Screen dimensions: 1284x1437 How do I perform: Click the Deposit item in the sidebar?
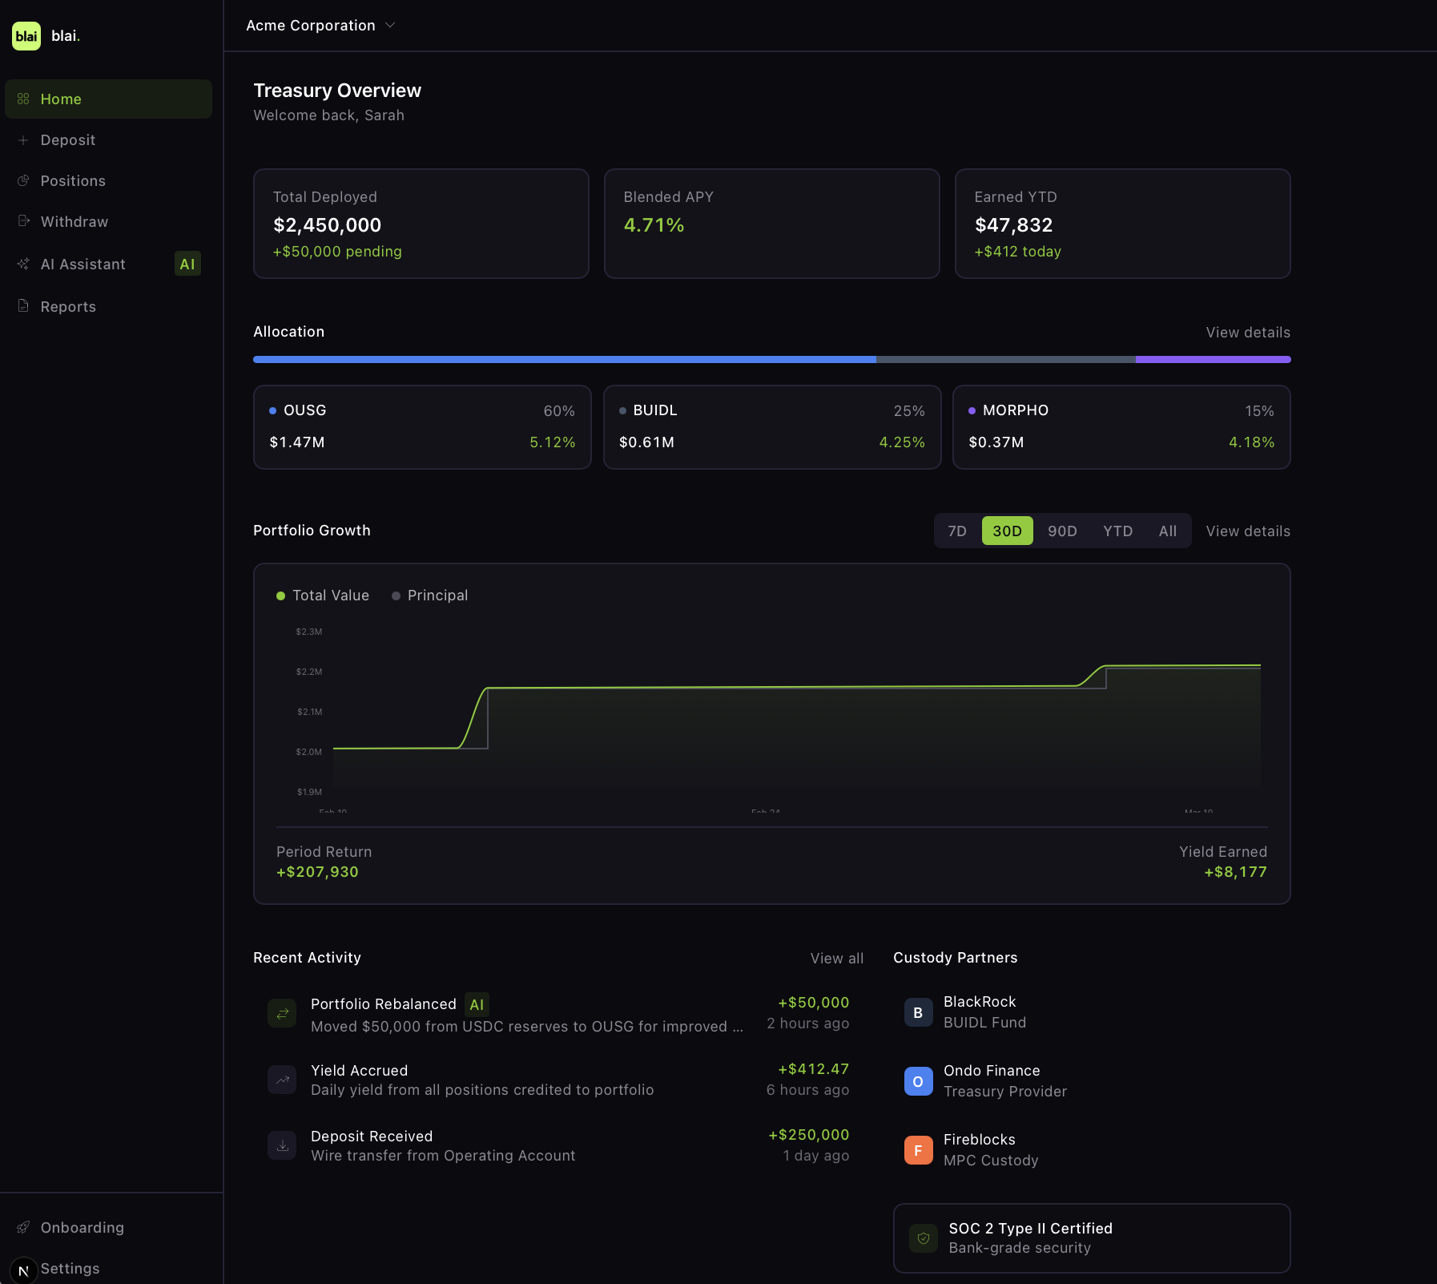tap(67, 140)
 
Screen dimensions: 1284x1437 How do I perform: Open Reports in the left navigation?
tap(68, 307)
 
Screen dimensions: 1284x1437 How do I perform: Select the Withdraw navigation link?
tap(74, 222)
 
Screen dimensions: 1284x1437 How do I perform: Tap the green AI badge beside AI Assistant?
tap(187, 264)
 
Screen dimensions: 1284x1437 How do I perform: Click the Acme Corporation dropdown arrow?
tap(391, 25)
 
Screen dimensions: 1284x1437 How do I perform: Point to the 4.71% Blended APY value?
tap(654, 225)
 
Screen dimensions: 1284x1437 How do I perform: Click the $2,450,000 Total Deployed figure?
tap(327, 225)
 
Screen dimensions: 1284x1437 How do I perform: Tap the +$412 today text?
tap(1017, 252)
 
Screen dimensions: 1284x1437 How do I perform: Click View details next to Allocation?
tap(1248, 333)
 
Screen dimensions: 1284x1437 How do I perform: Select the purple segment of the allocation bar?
tap(1213, 360)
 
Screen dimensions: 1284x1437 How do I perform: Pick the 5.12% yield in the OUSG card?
tap(552, 442)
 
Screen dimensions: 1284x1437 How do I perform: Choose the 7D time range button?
tap(957, 531)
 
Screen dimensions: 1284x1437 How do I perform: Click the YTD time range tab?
tap(1117, 531)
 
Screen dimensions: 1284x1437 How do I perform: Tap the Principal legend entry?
tap(437, 596)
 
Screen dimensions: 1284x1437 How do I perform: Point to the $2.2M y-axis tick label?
tap(309, 672)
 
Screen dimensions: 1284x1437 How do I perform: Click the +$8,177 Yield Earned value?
tap(1235, 872)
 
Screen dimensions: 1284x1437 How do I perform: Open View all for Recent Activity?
tap(836, 959)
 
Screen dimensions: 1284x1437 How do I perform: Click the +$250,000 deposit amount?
tap(808, 1135)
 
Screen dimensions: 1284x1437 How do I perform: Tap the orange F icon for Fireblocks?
tap(918, 1150)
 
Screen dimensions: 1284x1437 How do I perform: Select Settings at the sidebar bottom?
tap(70, 1269)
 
